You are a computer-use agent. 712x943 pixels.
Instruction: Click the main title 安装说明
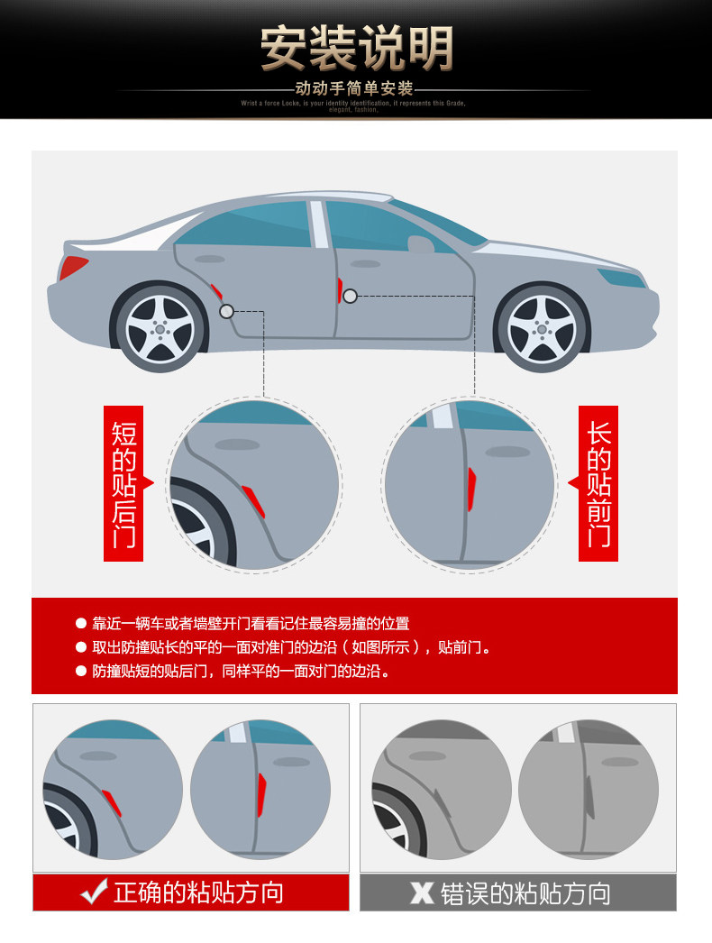pyautogui.click(x=357, y=48)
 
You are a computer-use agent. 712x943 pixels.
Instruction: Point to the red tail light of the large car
pyautogui.click(x=73, y=268)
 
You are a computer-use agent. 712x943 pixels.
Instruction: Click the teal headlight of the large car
pyautogui.click(x=621, y=278)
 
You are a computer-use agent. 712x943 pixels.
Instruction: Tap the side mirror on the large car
pyautogui.click(x=420, y=243)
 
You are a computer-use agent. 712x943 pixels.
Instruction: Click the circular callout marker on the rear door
pyautogui.click(x=226, y=311)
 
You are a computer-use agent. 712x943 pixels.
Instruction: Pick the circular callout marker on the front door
pyautogui.click(x=350, y=296)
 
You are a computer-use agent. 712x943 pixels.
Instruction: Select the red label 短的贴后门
pyautogui.click(x=123, y=483)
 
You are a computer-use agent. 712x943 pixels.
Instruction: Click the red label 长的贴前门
pyautogui.click(x=598, y=483)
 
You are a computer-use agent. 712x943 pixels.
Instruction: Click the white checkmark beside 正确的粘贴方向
pyautogui.click(x=94, y=892)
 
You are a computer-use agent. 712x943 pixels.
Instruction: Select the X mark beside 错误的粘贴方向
pyautogui.click(x=422, y=893)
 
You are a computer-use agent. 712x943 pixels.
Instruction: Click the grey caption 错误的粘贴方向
pyautogui.click(x=525, y=893)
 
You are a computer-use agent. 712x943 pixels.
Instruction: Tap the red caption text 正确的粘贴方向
pyautogui.click(x=198, y=892)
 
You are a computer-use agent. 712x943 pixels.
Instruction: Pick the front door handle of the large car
pyautogui.click(x=365, y=264)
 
